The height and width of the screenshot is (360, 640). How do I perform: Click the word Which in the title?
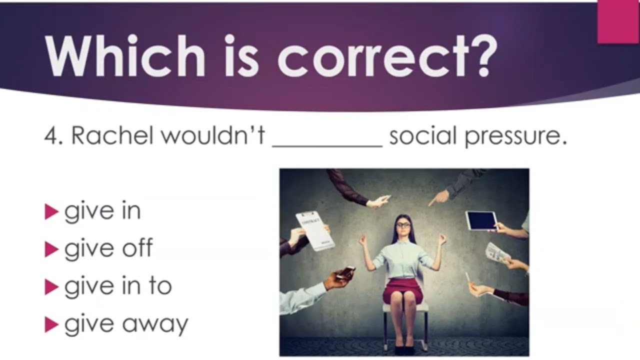click(125, 55)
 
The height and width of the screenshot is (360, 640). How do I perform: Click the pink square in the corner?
click(618, 21)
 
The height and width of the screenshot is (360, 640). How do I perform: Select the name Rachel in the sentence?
click(112, 135)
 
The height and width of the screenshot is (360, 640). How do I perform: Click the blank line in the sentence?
click(327, 146)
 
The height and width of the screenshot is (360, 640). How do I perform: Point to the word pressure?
click(515, 137)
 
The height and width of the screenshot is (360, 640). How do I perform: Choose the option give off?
click(108, 248)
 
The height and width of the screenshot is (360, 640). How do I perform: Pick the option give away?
click(126, 324)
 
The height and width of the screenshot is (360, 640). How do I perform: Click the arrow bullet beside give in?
click(51, 211)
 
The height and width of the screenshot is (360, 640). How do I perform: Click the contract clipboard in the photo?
click(315, 231)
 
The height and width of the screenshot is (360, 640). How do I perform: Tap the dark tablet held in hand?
click(481, 220)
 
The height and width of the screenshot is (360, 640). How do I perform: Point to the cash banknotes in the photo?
click(497, 253)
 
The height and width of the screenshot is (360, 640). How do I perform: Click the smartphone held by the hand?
click(345, 272)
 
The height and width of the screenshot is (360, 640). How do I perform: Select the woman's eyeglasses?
click(403, 225)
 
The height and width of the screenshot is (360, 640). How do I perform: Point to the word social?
click(423, 135)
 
